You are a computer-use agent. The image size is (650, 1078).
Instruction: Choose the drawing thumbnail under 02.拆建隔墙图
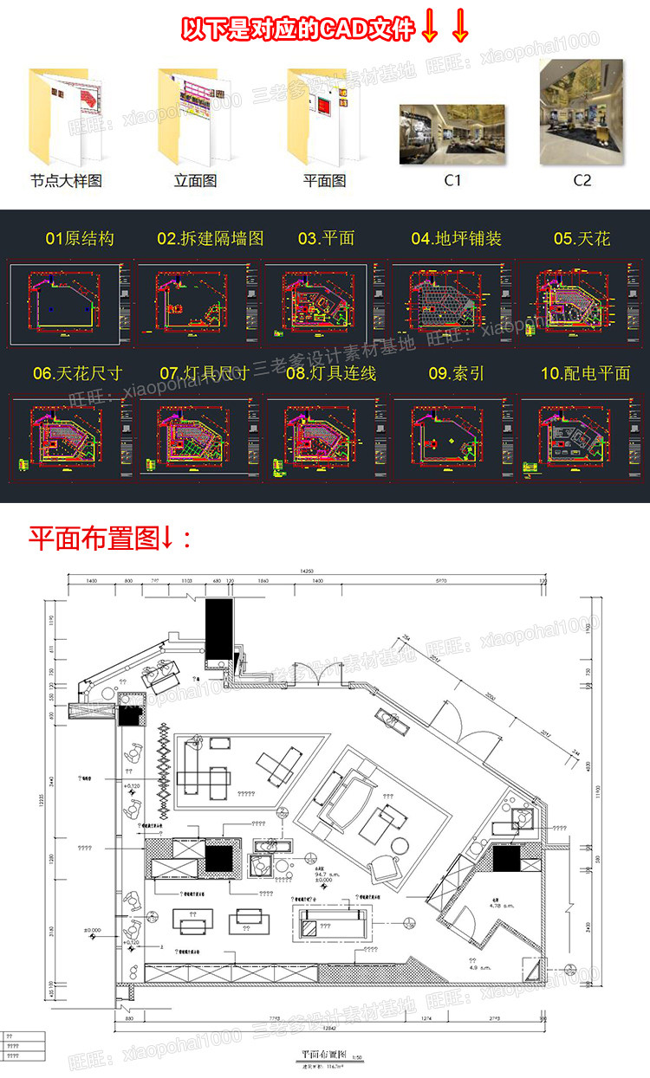195,302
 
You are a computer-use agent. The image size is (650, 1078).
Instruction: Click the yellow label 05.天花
582,238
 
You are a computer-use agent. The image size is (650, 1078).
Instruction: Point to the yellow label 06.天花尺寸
78,373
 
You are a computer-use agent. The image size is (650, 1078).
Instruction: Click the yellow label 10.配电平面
585,373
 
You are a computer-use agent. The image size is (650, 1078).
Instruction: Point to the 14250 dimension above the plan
306,571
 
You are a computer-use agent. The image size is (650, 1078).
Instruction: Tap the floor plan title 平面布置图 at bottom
323,1055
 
